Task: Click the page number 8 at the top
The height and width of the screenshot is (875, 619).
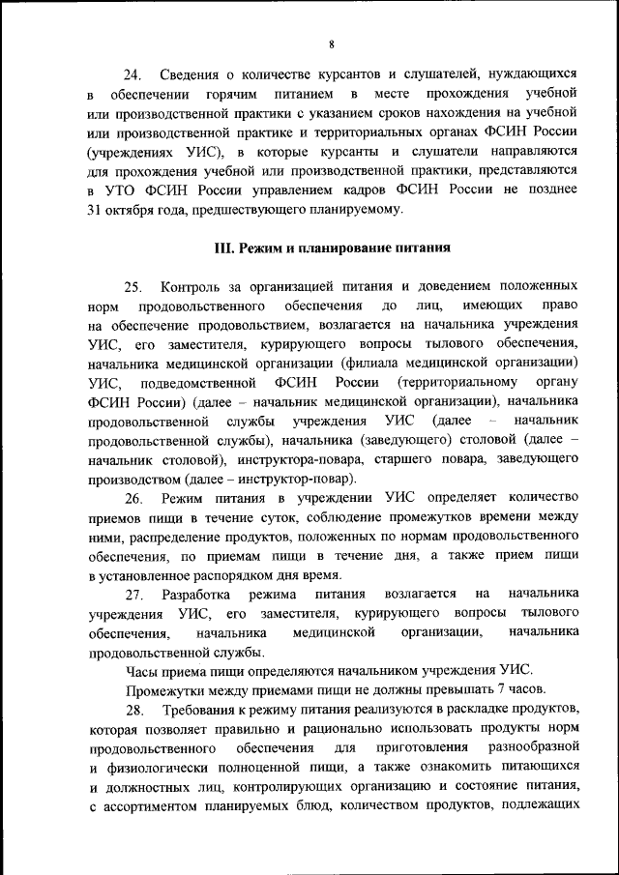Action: point(331,44)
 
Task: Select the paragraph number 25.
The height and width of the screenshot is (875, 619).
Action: point(134,286)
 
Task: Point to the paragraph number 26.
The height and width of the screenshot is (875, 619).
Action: point(134,498)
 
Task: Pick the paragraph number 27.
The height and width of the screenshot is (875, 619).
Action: point(134,593)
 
